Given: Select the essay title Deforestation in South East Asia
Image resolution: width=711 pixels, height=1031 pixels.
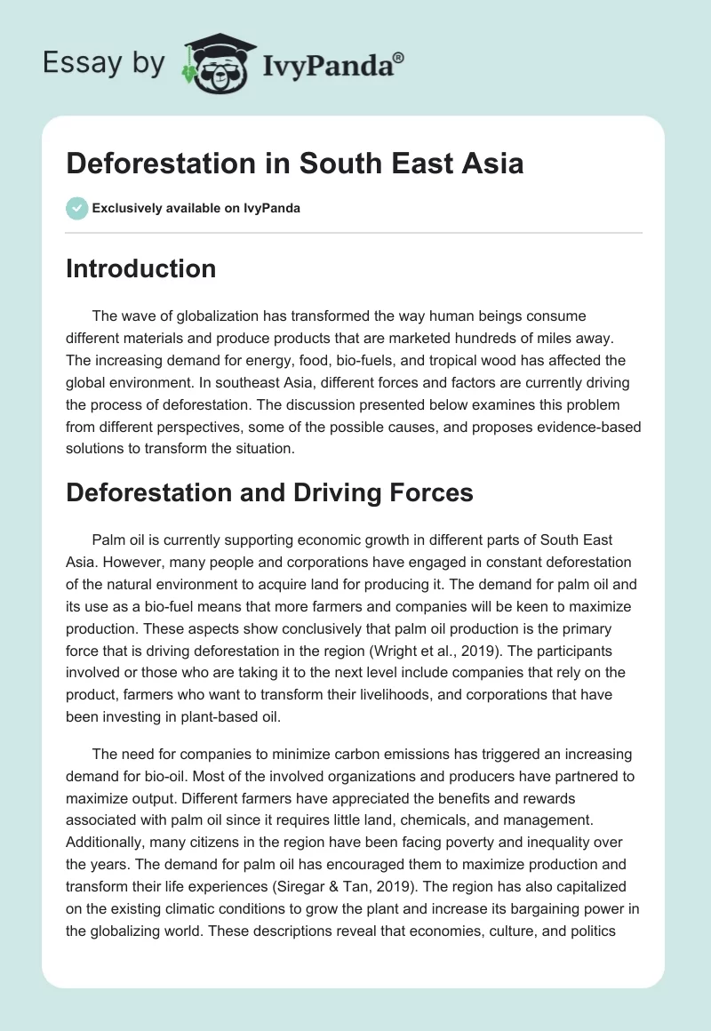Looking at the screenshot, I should click(294, 164).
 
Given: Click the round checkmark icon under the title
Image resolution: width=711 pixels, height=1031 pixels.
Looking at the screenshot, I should click(76, 208).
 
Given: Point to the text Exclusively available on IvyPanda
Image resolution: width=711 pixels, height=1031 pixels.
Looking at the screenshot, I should click(196, 209).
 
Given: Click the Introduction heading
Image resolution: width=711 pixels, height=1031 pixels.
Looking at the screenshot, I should click(140, 268).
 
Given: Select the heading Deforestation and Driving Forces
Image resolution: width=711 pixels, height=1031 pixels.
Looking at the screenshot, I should click(269, 492).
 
